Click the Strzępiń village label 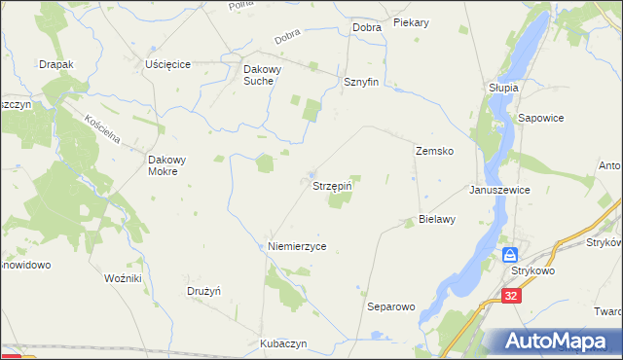[331, 187]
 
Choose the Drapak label [55, 63]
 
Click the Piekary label [412, 21]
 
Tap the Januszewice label [499, 191]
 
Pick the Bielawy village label [437, 220]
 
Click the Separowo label [390, 306]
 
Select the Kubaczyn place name [284, 344]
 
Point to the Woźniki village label [124, 278]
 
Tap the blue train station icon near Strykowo [511, 255]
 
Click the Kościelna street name [101, 128]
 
